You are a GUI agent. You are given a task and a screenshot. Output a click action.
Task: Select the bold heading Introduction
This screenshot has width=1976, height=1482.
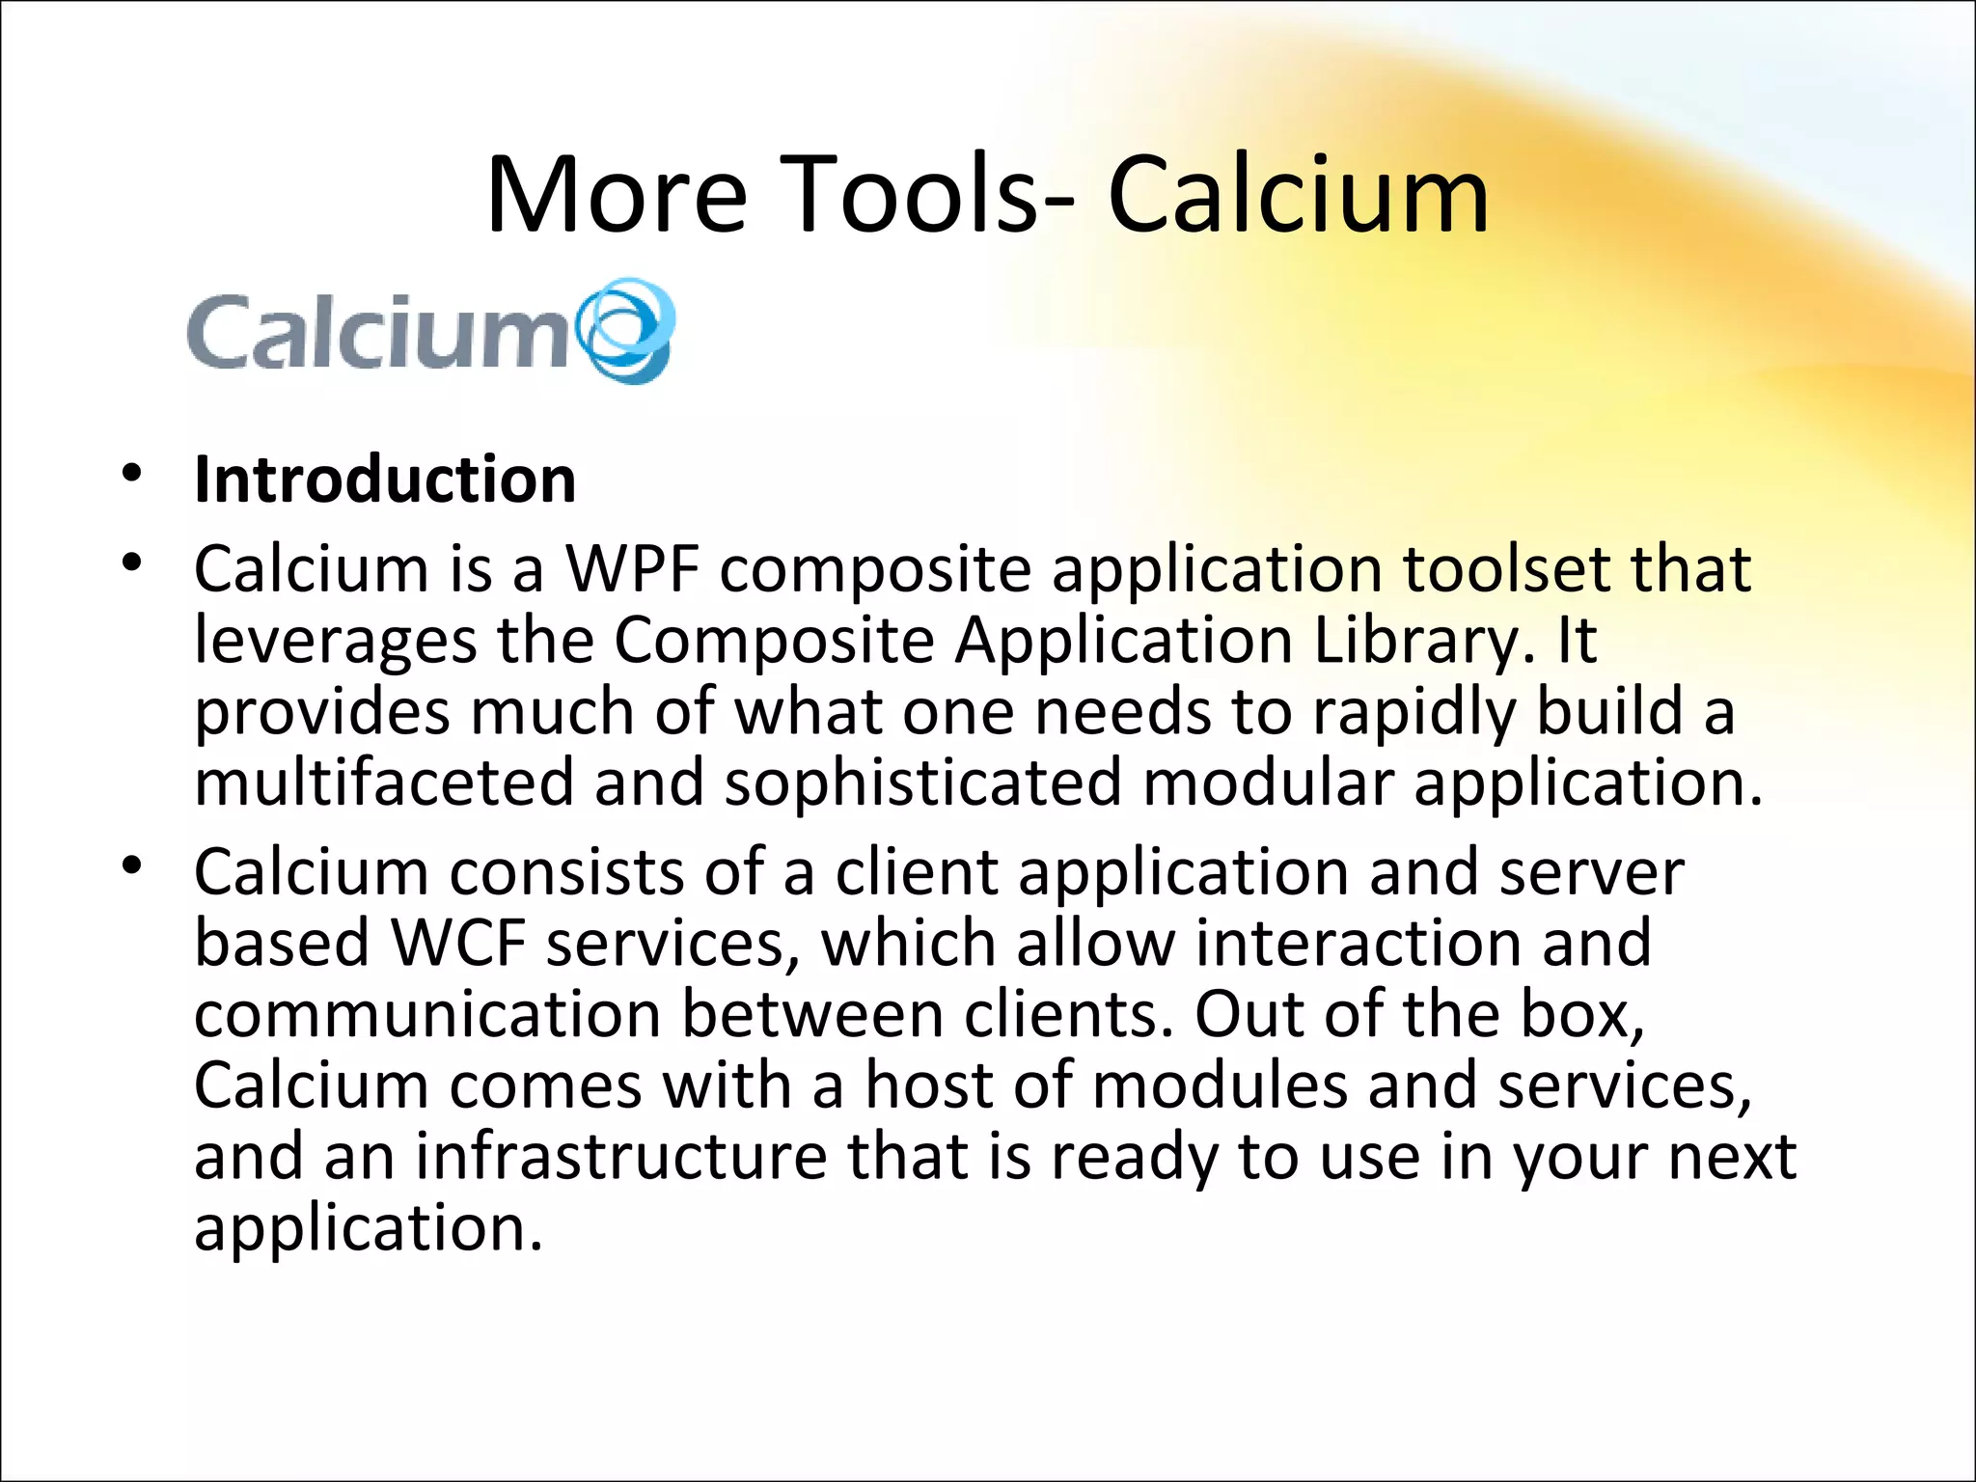[385, 480]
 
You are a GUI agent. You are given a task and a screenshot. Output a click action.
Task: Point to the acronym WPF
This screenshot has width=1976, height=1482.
[632, 569]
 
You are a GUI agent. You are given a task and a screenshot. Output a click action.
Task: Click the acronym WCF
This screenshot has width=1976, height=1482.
[459, 943]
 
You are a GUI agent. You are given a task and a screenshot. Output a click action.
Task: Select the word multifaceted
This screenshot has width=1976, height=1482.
[384, 782]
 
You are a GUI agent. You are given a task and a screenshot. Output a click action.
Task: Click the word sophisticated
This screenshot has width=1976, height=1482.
[923, 782]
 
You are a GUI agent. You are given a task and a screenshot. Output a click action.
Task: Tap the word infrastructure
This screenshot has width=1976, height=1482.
[620, 1157]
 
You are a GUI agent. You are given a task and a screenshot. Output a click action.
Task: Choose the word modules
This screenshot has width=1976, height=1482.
[1220, 1085]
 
